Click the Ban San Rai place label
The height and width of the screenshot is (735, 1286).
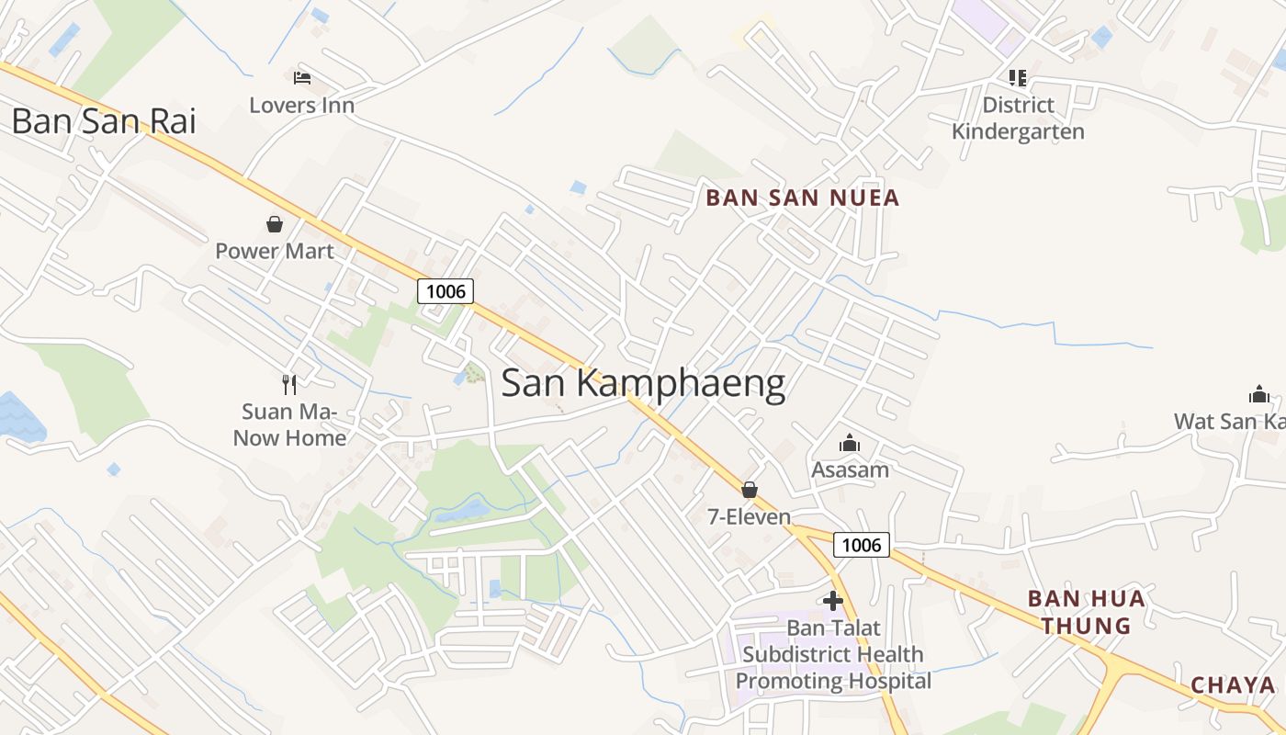104,121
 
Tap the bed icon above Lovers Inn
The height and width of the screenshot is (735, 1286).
302,78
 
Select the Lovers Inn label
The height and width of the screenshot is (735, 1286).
301,106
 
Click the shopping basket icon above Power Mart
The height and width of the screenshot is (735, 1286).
274,223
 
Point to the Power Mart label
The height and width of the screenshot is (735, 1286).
274,251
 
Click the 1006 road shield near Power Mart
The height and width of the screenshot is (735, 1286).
446,291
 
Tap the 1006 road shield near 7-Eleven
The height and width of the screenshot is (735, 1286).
862,545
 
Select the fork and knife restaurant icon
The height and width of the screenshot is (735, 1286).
289,384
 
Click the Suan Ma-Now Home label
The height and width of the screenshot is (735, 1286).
289,424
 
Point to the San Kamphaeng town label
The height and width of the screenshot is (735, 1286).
643,384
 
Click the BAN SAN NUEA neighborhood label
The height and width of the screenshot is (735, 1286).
802,198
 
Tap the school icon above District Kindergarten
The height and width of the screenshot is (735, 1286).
1017,77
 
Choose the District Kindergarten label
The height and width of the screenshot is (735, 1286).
1018,119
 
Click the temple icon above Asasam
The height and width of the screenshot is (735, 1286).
850,444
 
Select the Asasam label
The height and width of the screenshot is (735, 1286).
850,470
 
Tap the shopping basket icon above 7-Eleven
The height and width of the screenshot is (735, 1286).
750,490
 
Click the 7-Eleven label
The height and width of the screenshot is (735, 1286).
749,517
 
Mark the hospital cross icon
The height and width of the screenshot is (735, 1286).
833,601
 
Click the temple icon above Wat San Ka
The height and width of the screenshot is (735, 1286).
1258,395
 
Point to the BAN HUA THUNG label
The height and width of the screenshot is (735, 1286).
1086,613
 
